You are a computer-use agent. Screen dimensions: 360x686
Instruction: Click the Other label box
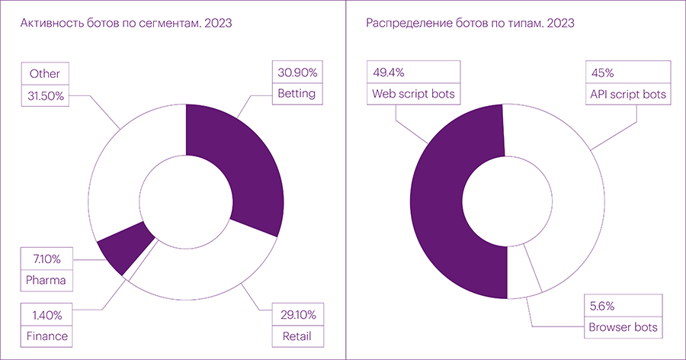pos(45,74)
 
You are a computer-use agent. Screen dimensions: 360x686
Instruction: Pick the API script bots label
pos(627,95)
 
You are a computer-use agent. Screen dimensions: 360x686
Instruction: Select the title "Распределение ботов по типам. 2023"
pos(470,24)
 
